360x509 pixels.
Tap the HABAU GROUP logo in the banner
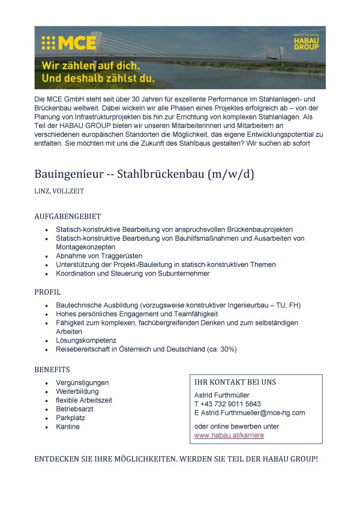click(306, 43)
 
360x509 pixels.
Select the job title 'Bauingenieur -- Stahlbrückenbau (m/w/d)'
click(145, 175)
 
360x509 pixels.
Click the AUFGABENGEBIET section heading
click(67, 217)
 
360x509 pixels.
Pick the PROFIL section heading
click(47, 292)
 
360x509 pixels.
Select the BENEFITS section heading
click(52, 369)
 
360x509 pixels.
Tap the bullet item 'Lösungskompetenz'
click(86, 340)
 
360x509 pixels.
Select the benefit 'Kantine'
click(68, 427)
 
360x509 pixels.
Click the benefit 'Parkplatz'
click(70, 418)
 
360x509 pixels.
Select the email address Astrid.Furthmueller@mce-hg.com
click(254, 413)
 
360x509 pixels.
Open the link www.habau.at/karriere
click(229, 435)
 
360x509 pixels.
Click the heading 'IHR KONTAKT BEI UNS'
click(235, 382)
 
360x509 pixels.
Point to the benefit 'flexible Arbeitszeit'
click(84, 400)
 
